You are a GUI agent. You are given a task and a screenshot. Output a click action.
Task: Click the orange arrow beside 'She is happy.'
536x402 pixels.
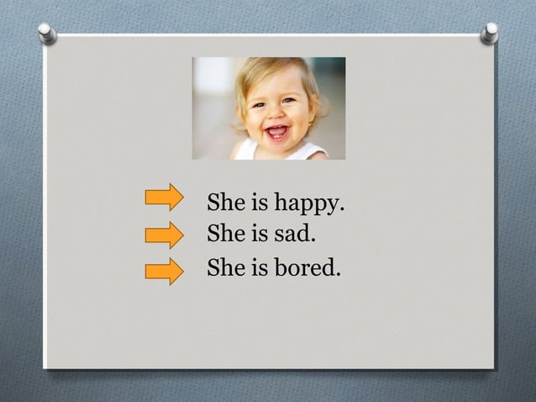(x=164, y=197)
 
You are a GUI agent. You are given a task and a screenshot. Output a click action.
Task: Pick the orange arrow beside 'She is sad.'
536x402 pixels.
(x=164, y=234)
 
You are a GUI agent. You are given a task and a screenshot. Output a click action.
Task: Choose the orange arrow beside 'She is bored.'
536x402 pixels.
(x=164, y=271)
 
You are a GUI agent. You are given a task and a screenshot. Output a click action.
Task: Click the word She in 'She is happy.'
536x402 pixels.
(x=225, y=204)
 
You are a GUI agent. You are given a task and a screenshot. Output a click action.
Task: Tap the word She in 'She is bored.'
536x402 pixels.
(x=225, y=269)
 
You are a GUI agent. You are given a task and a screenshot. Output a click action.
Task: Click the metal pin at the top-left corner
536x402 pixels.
(x=47, y=33)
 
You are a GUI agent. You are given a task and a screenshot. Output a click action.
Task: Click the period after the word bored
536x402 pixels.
(x=339, y=275)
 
